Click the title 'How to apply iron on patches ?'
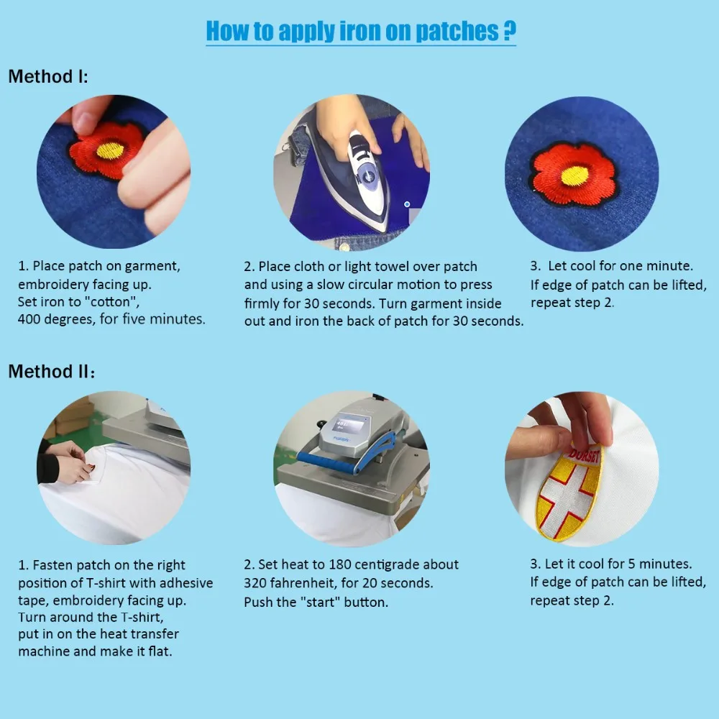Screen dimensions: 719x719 point(361,31)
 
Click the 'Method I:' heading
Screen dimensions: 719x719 point(48,77)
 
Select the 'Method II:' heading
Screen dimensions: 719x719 point(51,372)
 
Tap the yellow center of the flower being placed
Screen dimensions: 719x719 point(110,150)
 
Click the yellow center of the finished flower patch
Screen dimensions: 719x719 point(574,176)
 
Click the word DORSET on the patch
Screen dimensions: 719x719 point(584,454)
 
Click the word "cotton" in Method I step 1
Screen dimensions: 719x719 point(111,302)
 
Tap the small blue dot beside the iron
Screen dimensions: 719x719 point(407,204)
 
